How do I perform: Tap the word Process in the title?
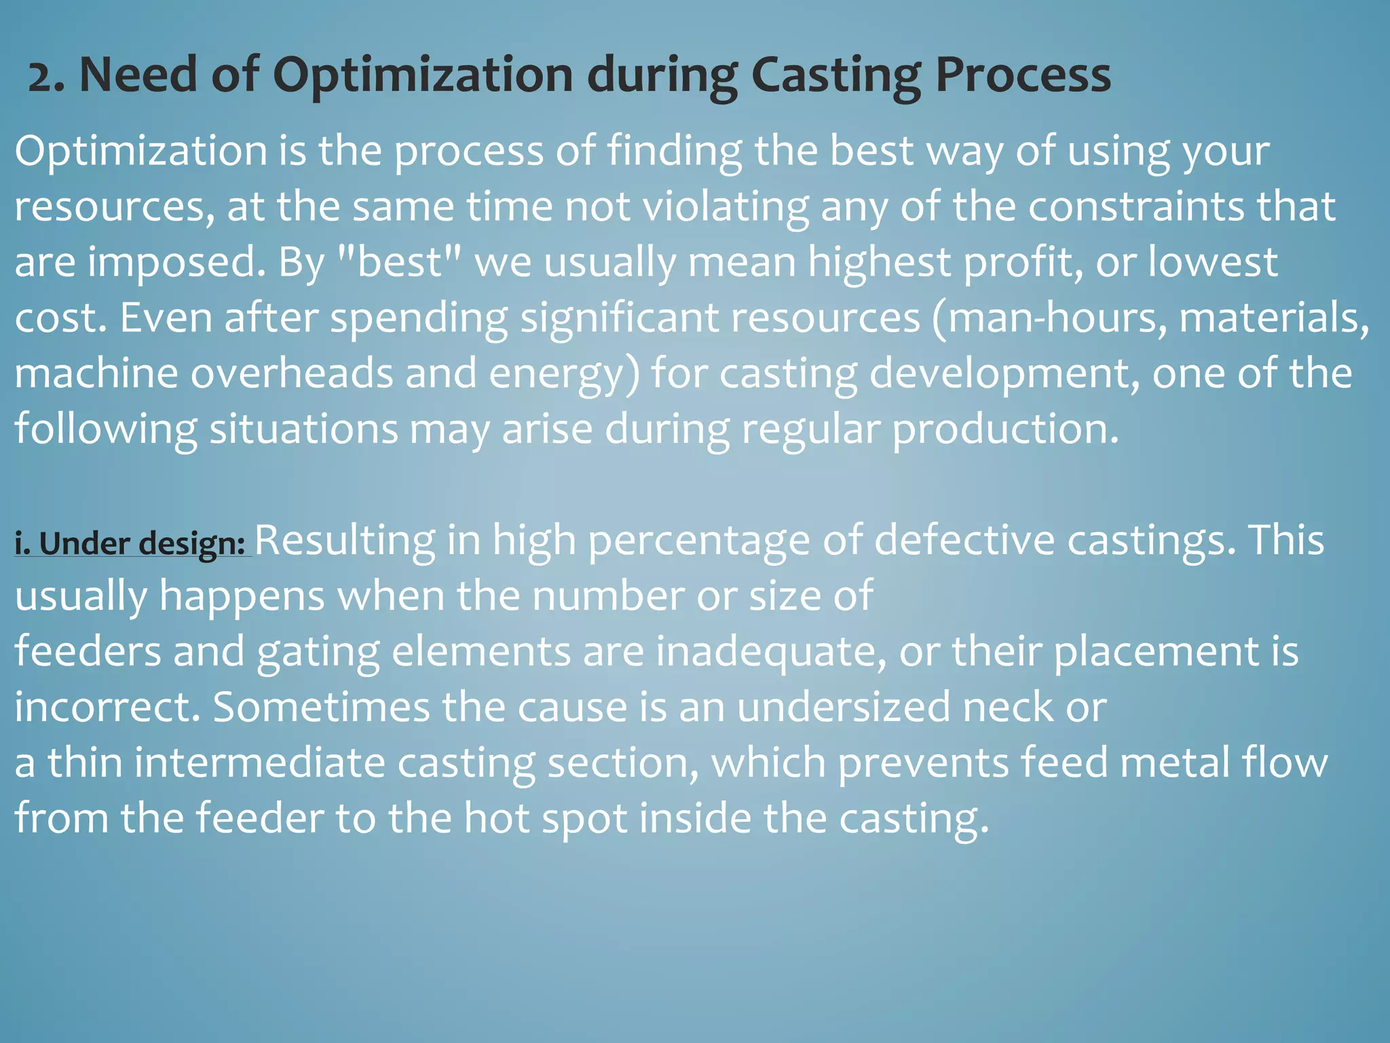point(1023,75)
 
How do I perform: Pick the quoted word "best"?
point(400,262)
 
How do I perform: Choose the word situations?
point(303,429)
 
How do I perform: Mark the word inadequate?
point(770,652)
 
